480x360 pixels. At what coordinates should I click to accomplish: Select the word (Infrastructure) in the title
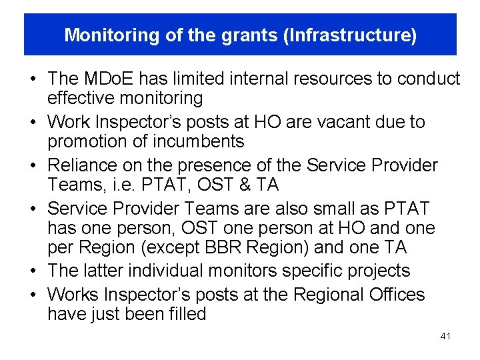coord(350,35)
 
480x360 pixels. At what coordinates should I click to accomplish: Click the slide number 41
coord(445,337)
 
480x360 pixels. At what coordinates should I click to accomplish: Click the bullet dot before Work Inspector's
coord(32,123)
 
